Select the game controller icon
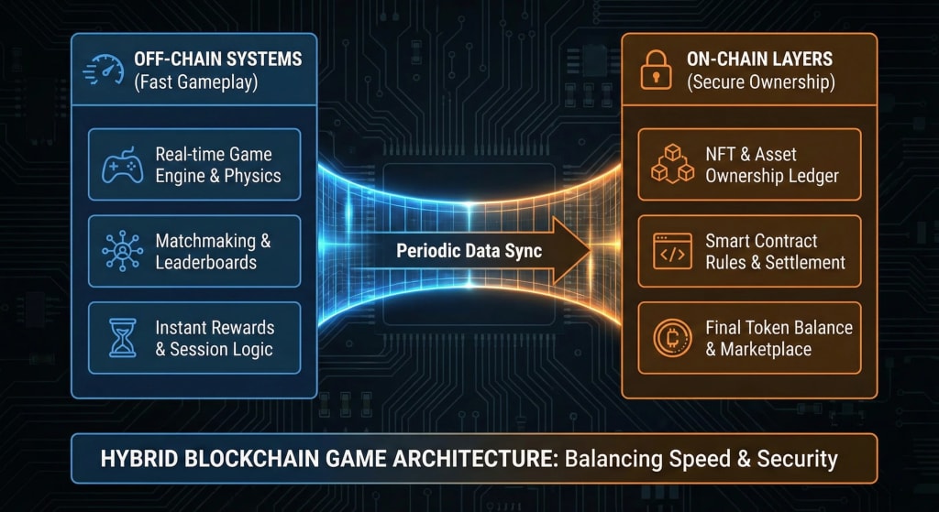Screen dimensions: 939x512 tap(121, 165)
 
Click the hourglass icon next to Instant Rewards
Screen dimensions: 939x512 tap(121, 338)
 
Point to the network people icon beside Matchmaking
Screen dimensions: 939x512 tap(121, 252)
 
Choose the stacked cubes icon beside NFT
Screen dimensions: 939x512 tap(672, 165)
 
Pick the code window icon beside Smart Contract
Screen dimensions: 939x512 tap(672, 252)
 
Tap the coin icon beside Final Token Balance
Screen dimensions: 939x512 tap(672, 338)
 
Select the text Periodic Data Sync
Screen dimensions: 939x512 tap(469, 250)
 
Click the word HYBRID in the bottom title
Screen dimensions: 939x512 tap(139, 458)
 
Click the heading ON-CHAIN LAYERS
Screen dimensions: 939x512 tap(760, 59)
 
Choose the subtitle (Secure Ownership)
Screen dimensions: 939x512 tap(760, 82)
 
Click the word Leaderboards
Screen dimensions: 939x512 tap(205, 263)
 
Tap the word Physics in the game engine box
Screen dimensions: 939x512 tap(251, 176)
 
